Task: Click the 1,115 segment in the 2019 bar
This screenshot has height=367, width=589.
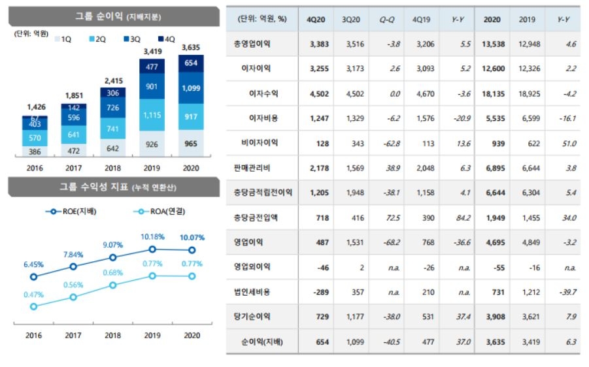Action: coord(153,115)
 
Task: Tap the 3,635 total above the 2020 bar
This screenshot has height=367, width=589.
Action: coord(191,47)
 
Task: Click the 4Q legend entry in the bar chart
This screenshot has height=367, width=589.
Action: coord(163,39)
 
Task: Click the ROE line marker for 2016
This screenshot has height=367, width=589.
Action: coord(33,276)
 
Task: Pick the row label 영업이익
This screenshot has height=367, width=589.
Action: coord(252,242)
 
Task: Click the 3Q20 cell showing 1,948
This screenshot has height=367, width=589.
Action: coord(353,193)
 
